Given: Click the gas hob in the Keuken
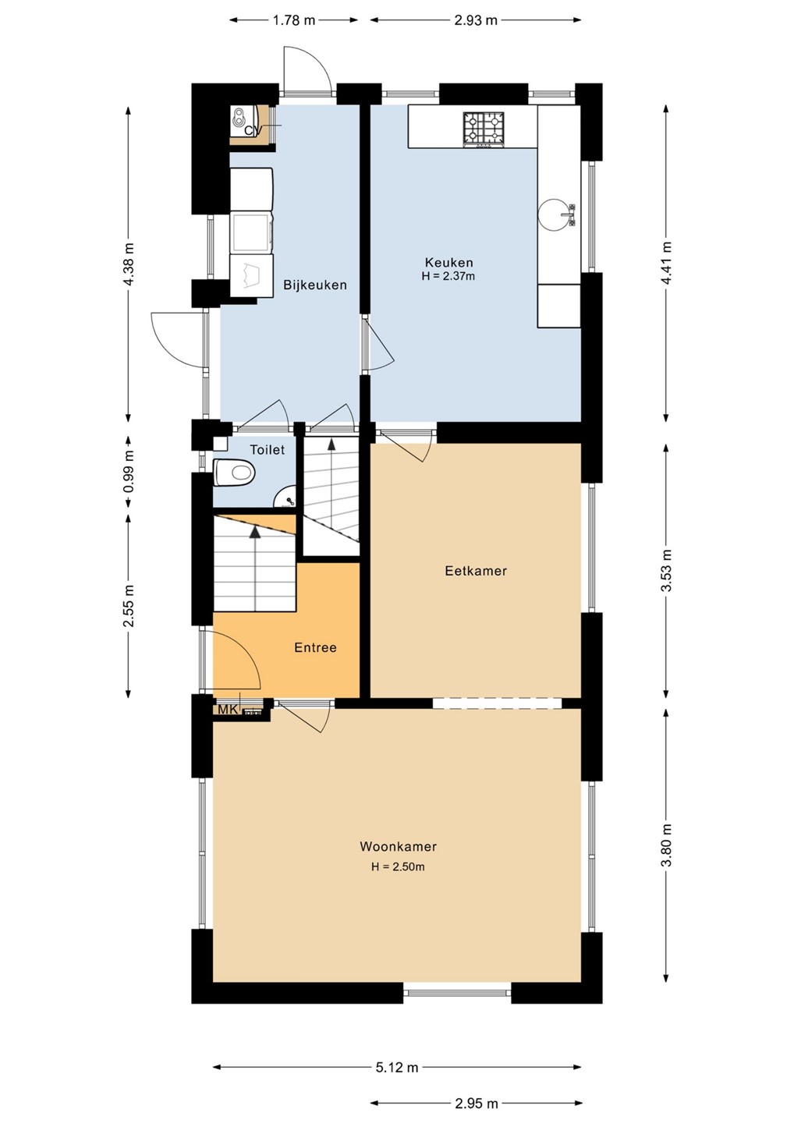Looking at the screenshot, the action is (483, 129).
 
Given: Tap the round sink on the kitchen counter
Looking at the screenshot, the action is (555, 214).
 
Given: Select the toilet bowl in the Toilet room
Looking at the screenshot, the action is (234, 473).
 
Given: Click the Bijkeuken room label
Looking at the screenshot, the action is (315, 285).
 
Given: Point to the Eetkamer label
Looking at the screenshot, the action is (476, 571).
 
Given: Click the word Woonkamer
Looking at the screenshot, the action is (398, 846).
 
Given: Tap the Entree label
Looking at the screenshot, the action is (315, 647).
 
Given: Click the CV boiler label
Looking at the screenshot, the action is (253, 130).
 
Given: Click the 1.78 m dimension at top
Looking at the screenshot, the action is (294, 20).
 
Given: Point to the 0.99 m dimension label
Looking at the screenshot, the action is (129, 472).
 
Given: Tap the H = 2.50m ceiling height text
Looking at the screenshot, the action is (398, 866).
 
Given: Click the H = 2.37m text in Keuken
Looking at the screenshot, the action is (448, 276).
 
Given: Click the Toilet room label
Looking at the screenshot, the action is (268, 450).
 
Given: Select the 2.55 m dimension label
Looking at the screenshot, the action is (129, 606).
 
